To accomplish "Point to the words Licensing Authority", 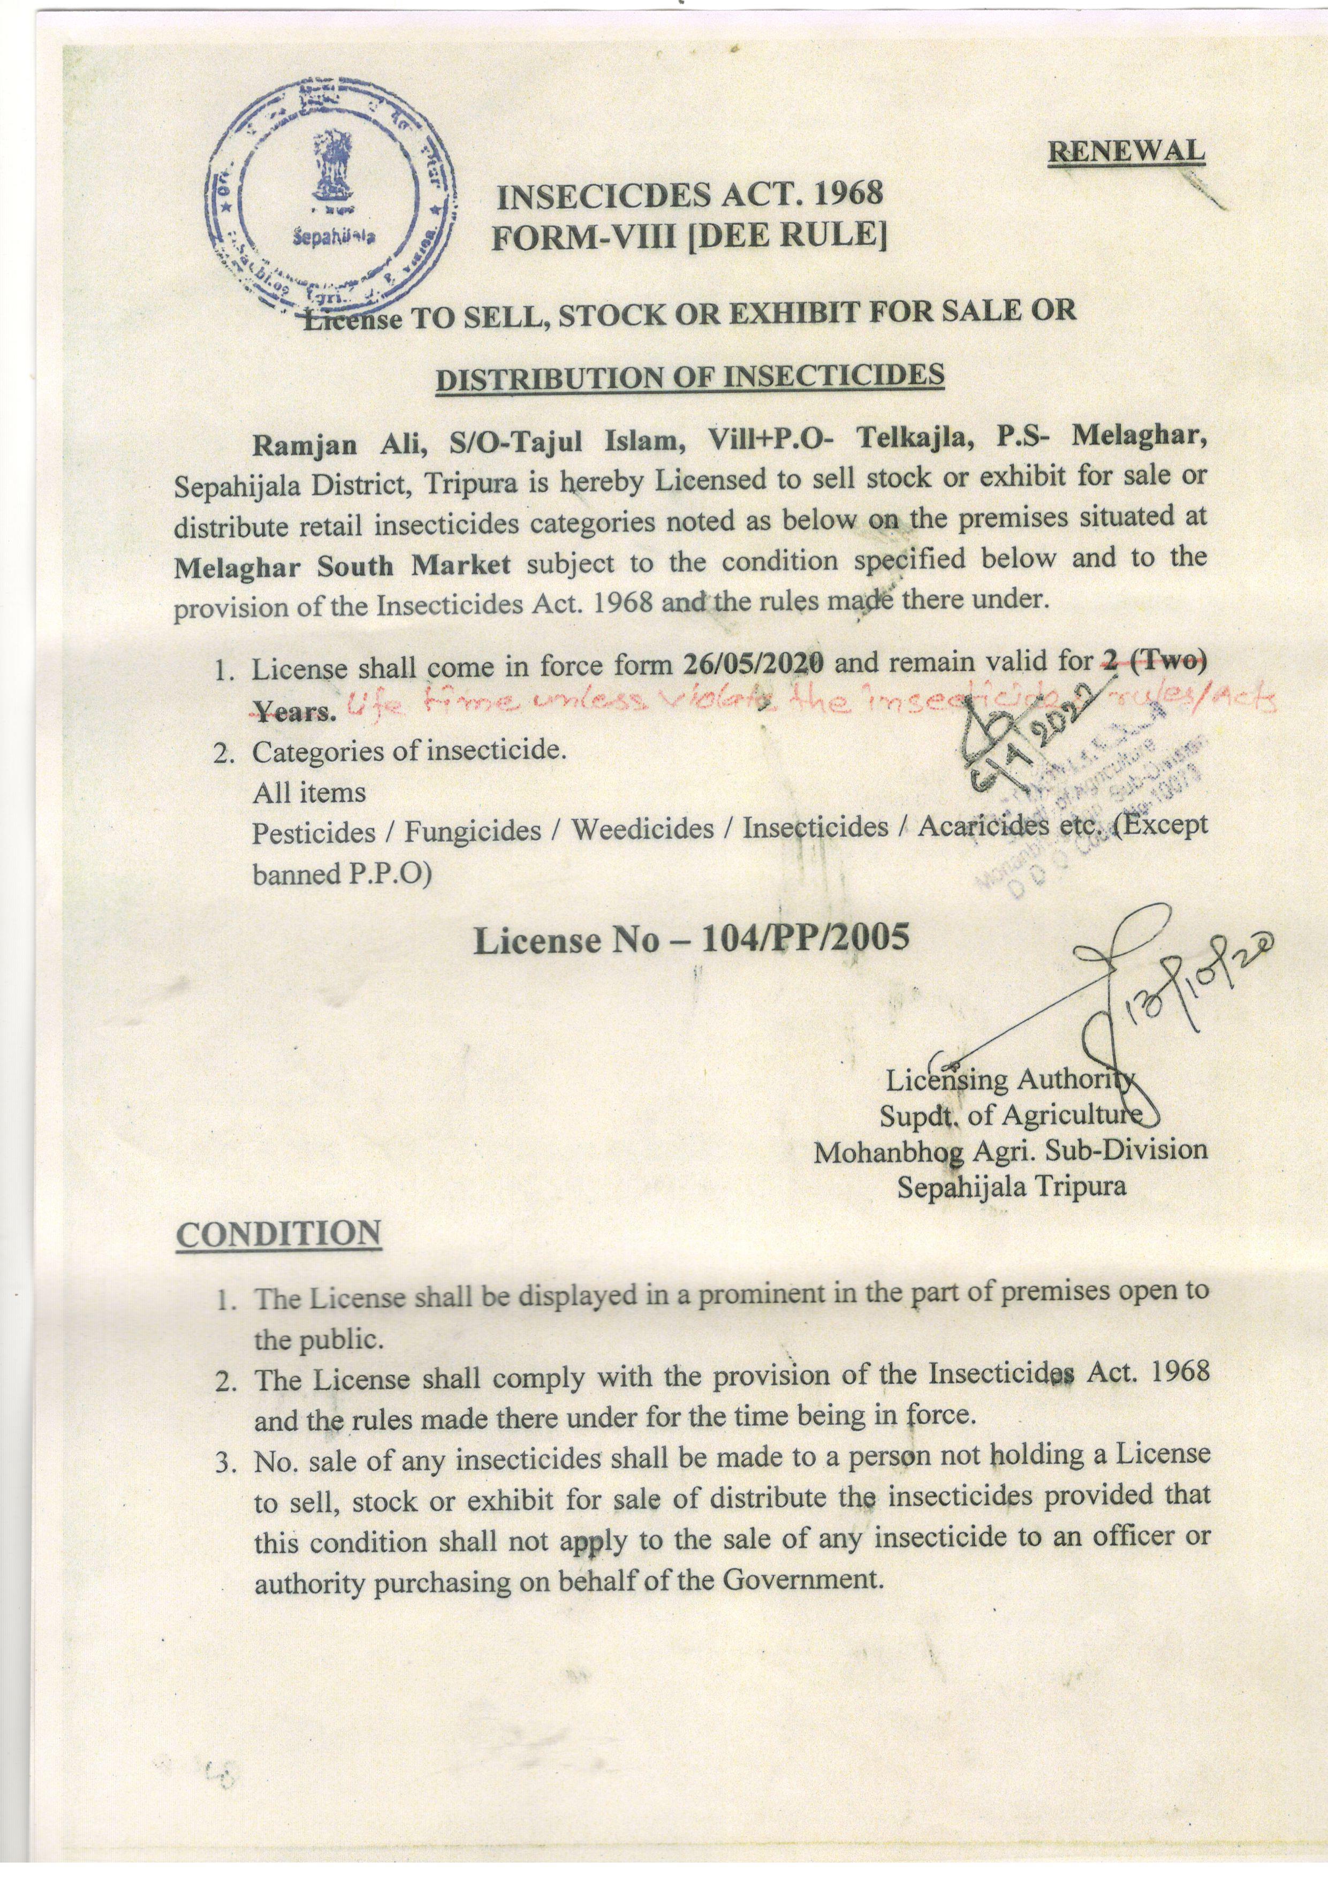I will click(1011, 1081).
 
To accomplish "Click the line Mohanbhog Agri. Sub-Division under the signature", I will click(1010, 1150).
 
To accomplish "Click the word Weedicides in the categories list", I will click(642, 830).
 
